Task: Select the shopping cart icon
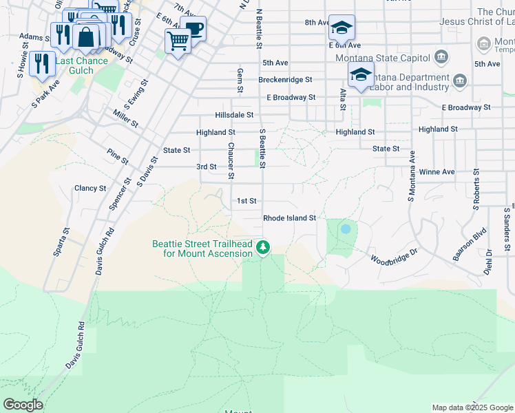[178, 41]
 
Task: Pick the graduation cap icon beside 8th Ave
[341, 28]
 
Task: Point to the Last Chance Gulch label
[82, 61]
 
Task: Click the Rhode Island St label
[289, 218]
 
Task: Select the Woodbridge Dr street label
[395, 257]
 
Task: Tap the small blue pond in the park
[345, 229]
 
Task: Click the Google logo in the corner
[23, 405]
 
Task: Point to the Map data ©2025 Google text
[472, 407]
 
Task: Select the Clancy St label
[90, 188]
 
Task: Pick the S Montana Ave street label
[412, 176]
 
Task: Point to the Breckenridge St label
[285, 80]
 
